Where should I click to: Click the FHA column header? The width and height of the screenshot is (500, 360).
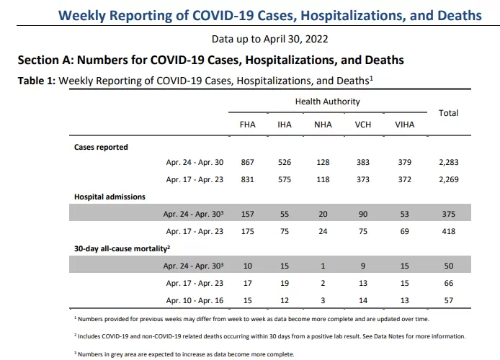tap(247, 125)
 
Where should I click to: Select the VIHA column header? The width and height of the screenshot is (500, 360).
tap(405, 125)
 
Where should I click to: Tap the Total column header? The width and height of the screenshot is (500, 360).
tap(448, 113)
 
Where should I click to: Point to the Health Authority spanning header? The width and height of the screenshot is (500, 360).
tap(328, 102)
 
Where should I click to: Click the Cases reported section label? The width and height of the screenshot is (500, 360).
tap(101, 147)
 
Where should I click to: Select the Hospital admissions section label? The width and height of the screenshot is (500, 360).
tap(110, 197)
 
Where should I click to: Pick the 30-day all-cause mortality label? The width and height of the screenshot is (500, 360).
tap(122, 248)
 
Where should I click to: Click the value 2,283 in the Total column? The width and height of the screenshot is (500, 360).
tap(449, 162)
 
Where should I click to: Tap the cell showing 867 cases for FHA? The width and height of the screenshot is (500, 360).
tap(247, 162)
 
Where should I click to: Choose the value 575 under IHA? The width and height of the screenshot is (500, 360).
tap(285, 180)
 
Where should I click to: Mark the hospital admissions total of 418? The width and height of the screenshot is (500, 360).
tap(449, 231)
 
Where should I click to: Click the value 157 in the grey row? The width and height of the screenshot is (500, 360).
tap(247, 214)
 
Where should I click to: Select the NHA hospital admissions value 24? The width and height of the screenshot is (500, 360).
tap(323, 231)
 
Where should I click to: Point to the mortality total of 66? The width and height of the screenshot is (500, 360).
tap(449, 283)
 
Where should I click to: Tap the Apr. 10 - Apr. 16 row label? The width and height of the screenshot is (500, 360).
tap(195, 300)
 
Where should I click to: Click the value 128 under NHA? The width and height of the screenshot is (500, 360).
tap(323, 162)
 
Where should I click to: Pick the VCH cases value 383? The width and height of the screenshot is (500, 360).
tap(363, 162)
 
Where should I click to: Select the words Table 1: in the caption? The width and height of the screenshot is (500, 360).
tap(37, 81)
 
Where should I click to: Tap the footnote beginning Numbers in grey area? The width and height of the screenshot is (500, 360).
tap(184, 354)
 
